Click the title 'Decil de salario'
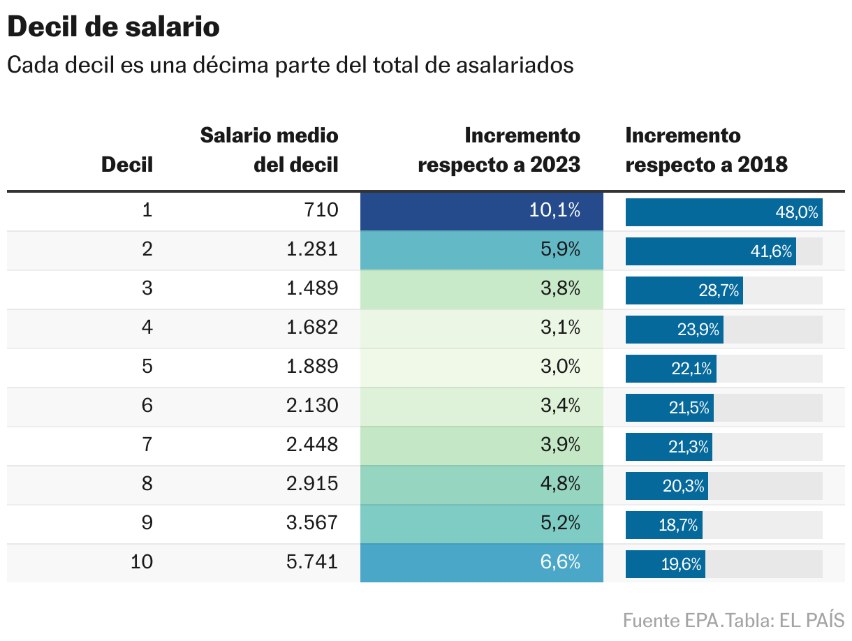[113, 28]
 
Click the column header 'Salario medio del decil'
[270, 149]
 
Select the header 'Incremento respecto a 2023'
[499, 149]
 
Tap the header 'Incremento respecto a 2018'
[706, 149]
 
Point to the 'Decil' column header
[127, 165]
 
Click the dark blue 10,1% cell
[481, 211]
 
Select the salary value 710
[322, 210]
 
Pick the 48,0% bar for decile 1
[724, 212]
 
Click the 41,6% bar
[710, 251]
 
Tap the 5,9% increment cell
[481, 250]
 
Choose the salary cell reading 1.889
[312, 367]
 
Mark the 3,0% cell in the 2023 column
[481, 367]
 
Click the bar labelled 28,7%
[684, 290]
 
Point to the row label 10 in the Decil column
[142, 562]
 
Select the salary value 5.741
[312, 562]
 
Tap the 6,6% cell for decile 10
[481, 563]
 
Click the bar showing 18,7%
[663, 525]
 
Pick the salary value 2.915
[312, 484]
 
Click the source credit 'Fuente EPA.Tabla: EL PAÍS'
[733, 620]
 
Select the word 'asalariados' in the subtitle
[515, 65]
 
